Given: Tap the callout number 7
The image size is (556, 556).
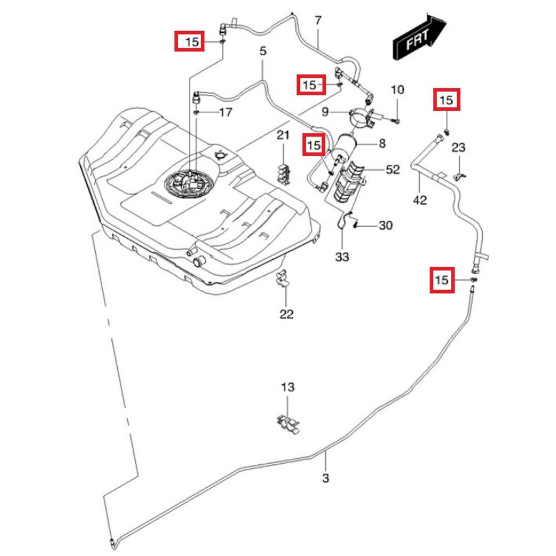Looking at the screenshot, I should click(x=318, y=21).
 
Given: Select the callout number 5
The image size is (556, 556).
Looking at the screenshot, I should click(x=263, y=51).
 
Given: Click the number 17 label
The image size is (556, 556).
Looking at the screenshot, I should click(x=225, y=113).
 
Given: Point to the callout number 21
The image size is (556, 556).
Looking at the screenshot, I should click(x=284, y=136).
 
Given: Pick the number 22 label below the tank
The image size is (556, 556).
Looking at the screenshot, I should click(x=286, y=314).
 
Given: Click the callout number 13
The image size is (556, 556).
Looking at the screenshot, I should click(x=287, y=387).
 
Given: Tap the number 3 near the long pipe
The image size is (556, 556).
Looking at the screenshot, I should click(x=326, y=478).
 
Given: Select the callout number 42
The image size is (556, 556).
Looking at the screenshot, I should click(x=420, y=199).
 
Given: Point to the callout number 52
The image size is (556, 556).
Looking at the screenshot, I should click(x=393, y=170).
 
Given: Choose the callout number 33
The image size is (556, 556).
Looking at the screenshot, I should click(x=342, y=257).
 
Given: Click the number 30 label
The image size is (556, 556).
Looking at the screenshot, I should click(x=385, y=225).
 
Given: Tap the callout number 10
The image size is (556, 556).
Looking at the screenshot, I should click(x=398, y=90).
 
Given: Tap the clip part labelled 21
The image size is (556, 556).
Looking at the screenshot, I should click(x=284, y=171).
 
